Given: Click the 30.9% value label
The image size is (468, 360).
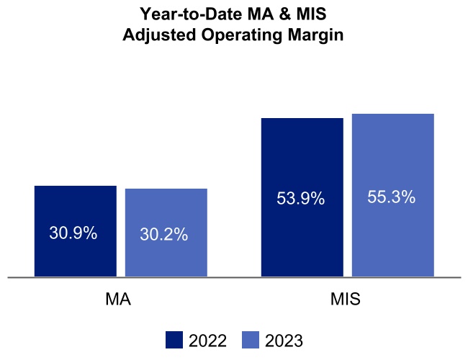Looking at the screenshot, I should (x=73, y=233).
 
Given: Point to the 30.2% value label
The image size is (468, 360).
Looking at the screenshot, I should (x=164, y=234).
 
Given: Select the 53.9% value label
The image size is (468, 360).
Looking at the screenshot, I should (x=301, y=199).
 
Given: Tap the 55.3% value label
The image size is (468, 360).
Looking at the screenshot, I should (x=392, y=197).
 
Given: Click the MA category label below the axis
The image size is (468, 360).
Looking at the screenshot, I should (x=118, y=300).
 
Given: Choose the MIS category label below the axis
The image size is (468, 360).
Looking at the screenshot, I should (x=346, y=300).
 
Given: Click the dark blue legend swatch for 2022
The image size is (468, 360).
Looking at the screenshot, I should (x=174, y=341).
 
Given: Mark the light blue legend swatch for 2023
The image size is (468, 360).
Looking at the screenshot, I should (x=250, y=341).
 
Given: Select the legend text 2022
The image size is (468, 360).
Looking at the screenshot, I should (x=207, y=341).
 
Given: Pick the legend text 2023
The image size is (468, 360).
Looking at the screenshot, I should (x=284, y=341).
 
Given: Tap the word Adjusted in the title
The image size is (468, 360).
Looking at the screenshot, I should (x=155, y=35).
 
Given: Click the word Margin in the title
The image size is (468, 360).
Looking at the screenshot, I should (x=312, y=35).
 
